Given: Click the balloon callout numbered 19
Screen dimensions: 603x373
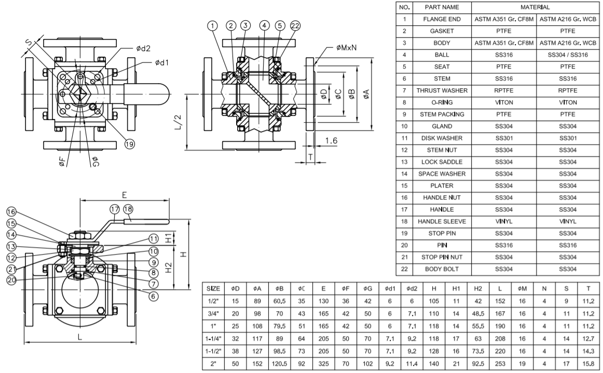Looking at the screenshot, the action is (130, 144).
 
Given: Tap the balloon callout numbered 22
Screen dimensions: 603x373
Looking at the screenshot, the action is (295, 26).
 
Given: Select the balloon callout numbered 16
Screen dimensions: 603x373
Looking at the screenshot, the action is (11, 212).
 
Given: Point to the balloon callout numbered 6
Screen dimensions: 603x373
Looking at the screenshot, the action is (154, 296).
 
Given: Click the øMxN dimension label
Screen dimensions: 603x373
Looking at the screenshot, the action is (346, 48).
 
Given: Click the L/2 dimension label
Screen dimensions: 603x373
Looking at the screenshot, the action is (178, 122).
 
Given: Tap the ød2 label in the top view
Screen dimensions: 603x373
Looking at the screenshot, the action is (143, 48).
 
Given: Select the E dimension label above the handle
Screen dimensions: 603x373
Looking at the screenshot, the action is (124, 195).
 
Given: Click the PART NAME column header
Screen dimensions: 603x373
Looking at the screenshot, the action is (442, 7).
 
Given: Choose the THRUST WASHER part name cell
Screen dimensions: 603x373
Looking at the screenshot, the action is (442, 90).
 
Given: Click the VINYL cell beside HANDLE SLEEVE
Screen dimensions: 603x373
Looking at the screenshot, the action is (504, 221).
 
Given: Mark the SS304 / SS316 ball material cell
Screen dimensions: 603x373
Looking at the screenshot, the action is (568, 55).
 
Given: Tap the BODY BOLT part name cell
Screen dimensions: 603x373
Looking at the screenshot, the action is (442, 269).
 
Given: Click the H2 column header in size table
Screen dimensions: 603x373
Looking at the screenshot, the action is (478, 289).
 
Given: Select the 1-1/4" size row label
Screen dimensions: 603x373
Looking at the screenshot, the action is (213, 339).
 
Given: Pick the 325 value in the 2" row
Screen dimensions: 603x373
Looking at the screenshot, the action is (323, 364).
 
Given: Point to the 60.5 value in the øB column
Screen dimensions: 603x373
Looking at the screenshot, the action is (280, 301).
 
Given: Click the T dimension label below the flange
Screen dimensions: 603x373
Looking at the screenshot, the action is (310, 157).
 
